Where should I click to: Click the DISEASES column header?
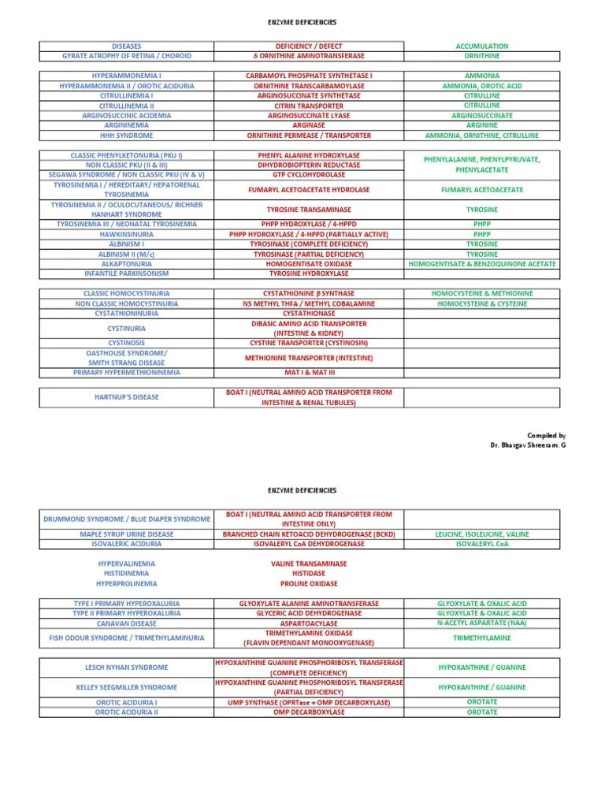127,46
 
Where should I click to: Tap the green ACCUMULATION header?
482,46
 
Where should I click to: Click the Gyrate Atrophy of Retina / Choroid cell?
127,56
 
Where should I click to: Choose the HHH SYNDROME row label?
127,135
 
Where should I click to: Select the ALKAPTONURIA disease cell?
127,263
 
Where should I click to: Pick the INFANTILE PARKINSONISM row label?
127,273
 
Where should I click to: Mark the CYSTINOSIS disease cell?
127,343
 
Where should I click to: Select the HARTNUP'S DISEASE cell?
127,397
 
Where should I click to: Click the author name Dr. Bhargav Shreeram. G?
527,445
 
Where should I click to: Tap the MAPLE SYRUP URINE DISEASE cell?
127,534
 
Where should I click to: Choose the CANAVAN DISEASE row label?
127,623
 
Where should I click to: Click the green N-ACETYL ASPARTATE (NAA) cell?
482,623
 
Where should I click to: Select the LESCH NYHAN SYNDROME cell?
127,668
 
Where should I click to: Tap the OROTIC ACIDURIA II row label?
127,712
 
